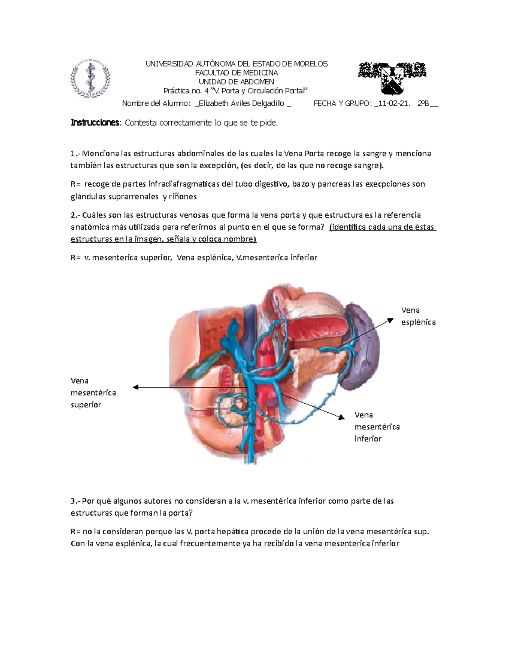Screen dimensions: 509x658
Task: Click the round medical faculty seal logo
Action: pyautogui.click(x=90, y=78)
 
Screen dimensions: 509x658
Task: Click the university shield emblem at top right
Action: pyautogui.click(x=392, y=78)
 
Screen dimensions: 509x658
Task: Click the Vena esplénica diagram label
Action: pyautogui.click(x=418, y=316)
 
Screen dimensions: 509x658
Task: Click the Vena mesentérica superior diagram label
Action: pyautogui.click(x=93, y=393)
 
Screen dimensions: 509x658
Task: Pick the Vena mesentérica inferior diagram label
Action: pyautogui.click(x=377, y=427)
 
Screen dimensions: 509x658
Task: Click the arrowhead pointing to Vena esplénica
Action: pyautogui.click(x=391, y=321)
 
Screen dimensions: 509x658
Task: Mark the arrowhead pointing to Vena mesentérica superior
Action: pyautogui.click(x=136, y=387)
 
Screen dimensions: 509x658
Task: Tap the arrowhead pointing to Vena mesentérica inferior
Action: pyautogui.click(x=341, y=418)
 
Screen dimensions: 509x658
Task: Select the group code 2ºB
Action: pyautogui.click(x=423, y=103)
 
